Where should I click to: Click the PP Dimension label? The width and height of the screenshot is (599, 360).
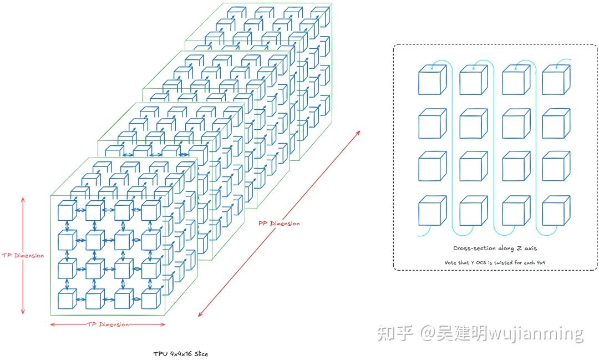279,224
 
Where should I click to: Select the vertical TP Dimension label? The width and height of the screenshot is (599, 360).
22,256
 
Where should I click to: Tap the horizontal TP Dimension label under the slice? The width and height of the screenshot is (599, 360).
108,324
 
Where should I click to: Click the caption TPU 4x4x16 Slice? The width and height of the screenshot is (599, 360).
181,353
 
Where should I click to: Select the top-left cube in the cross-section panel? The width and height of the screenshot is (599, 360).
432,80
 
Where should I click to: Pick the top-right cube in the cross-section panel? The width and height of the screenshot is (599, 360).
556,80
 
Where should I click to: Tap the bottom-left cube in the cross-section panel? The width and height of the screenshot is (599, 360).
432,211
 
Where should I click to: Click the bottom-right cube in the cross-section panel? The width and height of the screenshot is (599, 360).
556,211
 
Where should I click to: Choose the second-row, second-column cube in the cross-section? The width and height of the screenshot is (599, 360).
473,124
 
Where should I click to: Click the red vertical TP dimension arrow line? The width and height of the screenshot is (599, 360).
23,222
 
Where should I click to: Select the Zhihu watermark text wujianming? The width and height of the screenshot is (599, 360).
538,333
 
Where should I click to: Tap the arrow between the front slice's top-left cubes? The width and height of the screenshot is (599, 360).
81,210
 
